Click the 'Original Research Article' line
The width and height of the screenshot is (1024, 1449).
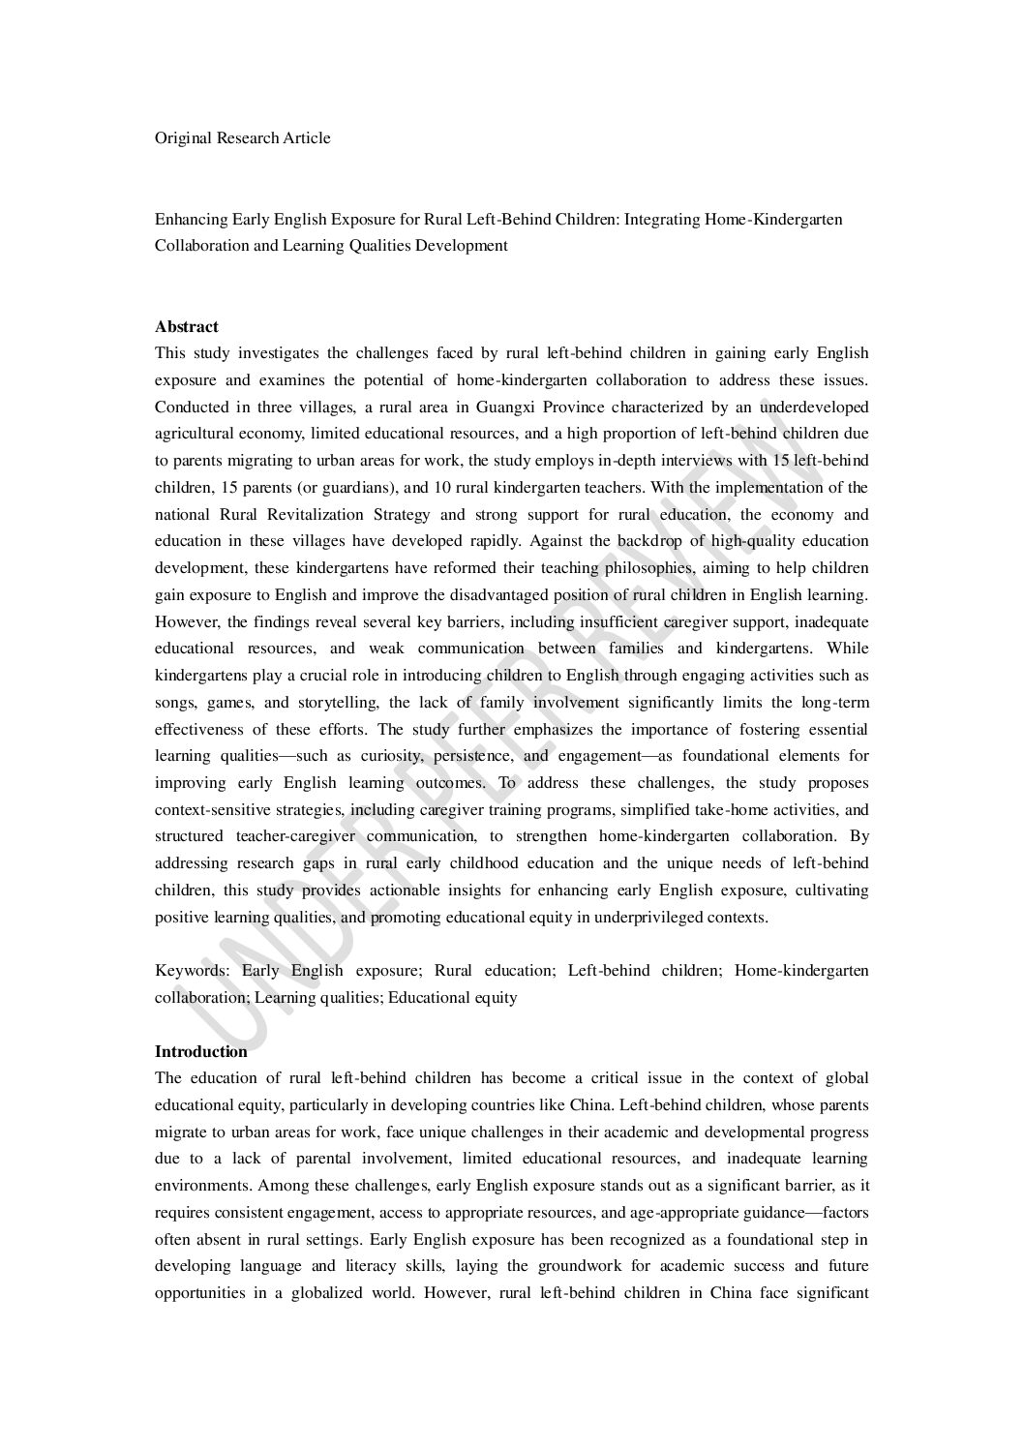[242, 138]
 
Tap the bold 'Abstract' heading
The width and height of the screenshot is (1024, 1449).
[187, 327]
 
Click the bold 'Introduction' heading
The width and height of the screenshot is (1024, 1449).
[201, 1051]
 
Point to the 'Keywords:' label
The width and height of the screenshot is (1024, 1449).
[193, 971]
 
